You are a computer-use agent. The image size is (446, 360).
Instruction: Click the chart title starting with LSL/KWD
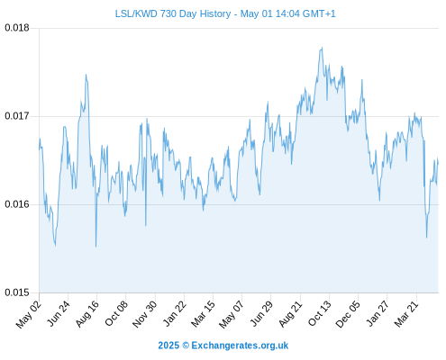[x=225, y=13]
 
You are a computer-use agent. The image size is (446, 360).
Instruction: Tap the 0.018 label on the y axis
[x=17, y=28]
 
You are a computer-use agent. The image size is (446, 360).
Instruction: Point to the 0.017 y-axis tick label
[x=17, y=116]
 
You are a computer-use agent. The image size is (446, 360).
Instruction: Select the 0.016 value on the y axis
[x=17, y=204]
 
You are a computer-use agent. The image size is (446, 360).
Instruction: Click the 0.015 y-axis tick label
[x=17, y=292]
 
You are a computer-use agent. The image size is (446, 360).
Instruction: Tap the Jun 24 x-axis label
[x=59, y=313]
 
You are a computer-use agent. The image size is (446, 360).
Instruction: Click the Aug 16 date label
[x=87, y=313]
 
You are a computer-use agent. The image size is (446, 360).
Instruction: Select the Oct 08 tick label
[x=116, y=313]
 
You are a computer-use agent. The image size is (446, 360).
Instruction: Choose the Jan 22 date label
[x=175, y=313]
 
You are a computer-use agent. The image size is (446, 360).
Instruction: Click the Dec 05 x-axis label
[x=348, y=314]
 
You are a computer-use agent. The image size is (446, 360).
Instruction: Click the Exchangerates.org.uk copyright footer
[x=223, y=346]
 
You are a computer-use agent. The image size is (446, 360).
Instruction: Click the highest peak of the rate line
[x=322, y=47]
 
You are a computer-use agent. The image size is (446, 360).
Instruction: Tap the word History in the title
[x=215, y=13]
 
